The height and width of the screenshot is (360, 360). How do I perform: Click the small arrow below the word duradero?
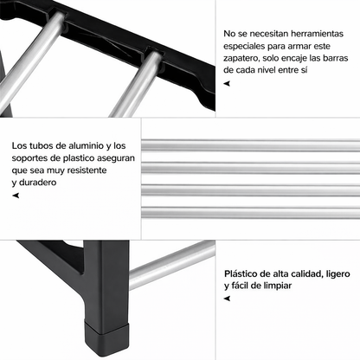point(16,196)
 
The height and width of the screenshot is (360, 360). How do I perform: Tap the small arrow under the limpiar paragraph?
point(227,298)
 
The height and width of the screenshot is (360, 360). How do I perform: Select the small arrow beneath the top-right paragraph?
point(227,83)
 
